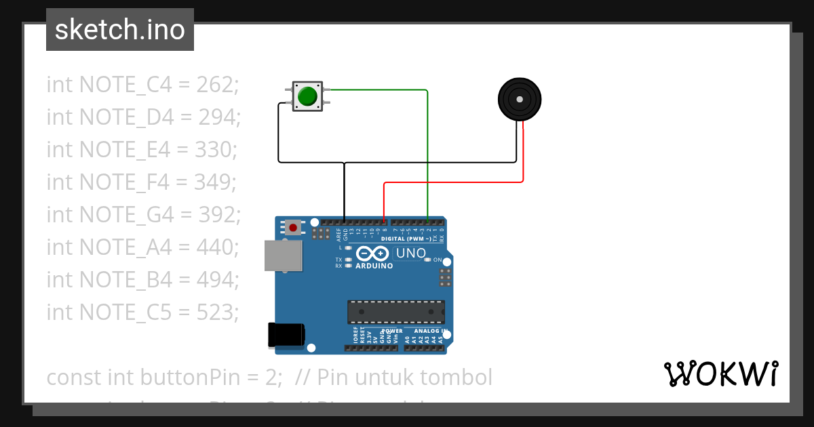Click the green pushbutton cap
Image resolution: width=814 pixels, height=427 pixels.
[308, 96]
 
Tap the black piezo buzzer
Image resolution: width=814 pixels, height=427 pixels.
[520, 100]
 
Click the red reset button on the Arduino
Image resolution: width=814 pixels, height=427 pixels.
[293, 226]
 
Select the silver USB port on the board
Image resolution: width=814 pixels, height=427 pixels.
[284, 255]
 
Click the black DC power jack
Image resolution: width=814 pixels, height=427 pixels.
[286, 335]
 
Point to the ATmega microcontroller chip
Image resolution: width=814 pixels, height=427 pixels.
[396, 312]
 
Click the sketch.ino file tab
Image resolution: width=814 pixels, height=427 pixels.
[120, 30]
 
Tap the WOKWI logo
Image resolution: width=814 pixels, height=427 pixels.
[720, 373]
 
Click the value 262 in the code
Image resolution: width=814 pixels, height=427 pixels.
[217, 85]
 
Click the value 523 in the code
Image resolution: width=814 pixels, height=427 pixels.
[217, 312]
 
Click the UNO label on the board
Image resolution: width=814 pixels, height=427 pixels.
[411, 253]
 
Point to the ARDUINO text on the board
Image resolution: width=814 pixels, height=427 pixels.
[374, 266]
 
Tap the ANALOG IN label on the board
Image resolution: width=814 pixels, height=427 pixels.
[431, 331]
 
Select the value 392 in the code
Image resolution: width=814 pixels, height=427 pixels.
[219, 215]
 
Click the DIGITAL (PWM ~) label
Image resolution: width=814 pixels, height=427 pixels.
[405, 239]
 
